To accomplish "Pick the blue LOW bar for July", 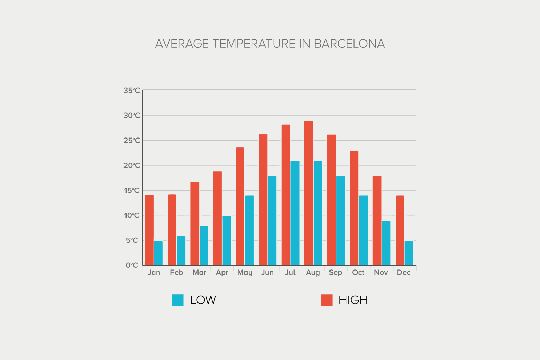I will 295,213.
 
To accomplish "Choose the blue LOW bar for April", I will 227,240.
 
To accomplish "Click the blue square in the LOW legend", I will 178,300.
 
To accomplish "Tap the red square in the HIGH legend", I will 326,300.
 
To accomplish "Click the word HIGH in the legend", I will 353,300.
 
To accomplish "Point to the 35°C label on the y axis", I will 132,91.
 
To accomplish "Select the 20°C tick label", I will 132,166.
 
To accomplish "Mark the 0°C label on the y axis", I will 132,265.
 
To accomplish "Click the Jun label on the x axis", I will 267,273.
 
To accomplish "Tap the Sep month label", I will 335,273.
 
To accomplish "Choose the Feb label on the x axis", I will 177,273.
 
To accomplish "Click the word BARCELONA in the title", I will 349,44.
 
